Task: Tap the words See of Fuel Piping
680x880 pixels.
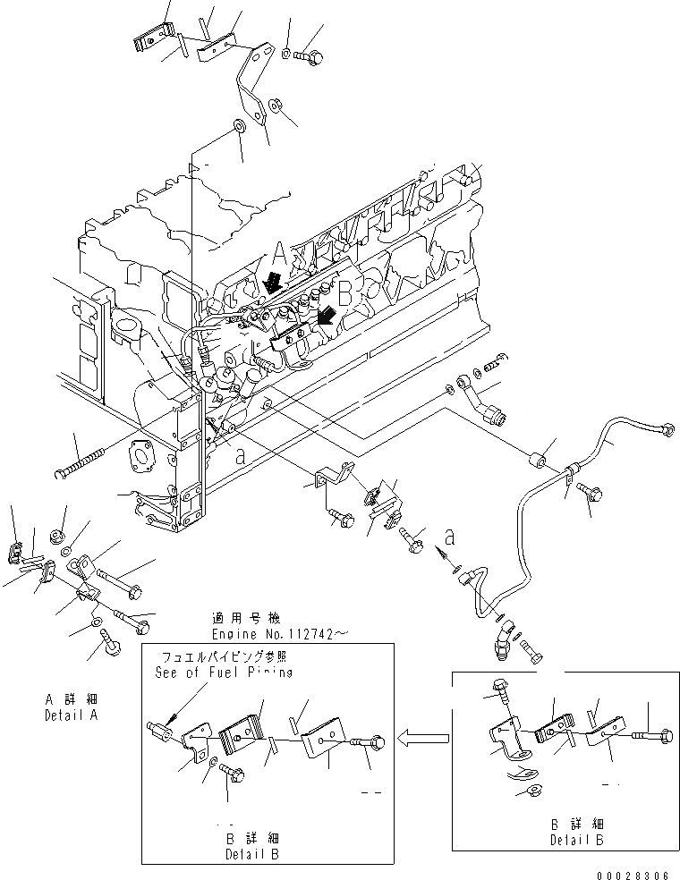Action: point(223,673)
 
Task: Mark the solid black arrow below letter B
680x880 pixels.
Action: point(328,314)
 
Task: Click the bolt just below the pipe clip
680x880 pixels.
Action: point(591,491)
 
